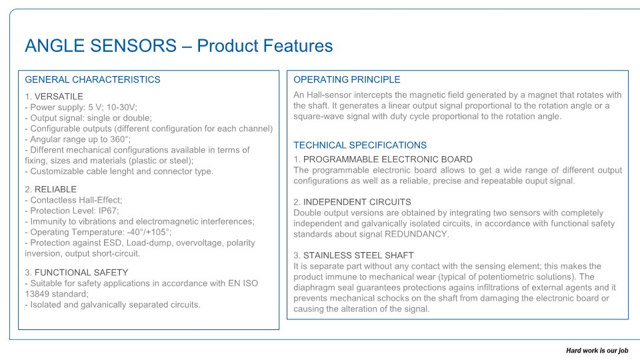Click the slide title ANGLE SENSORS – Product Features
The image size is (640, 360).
[179, 46]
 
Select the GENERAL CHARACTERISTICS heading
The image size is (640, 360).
[93, 79]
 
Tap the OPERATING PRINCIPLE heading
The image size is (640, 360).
[347, 79]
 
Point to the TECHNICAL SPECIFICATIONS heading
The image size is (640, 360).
[360, 145]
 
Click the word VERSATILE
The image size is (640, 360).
[59, 96]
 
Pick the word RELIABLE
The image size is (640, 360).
[55, 189]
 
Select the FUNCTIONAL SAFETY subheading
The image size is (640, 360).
[81, 272]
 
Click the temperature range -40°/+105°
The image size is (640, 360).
[148, 232]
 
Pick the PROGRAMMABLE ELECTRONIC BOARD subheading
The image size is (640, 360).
[388, 159]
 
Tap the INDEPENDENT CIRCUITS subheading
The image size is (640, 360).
[357, 202]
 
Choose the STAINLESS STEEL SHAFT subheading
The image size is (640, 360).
[359, 255]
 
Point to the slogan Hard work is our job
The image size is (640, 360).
[597, 351]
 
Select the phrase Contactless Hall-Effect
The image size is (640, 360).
[75, 200]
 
